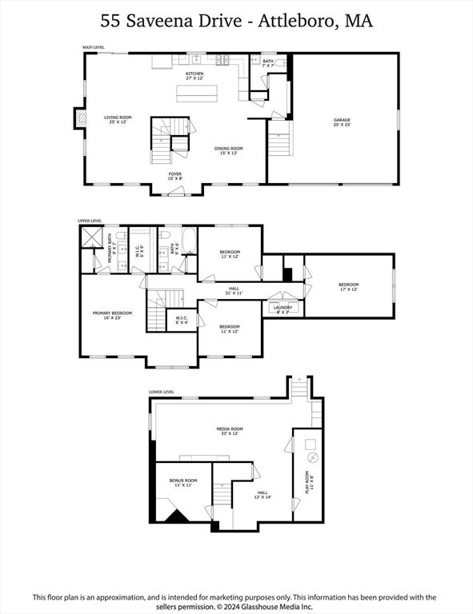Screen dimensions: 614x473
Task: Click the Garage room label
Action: pos(342,122)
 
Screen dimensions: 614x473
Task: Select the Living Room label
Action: pos(118,120)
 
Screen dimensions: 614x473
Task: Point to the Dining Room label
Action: pos(228,150)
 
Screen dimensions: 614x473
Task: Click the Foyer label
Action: pos(174,175)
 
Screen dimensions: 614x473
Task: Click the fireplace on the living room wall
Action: pos(78,119)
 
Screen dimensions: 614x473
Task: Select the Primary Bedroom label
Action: pos(112,315)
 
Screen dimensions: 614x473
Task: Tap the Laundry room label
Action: pos(283,309)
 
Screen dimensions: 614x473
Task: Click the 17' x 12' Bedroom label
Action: pos(348,286)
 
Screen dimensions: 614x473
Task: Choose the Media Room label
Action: pos(231,431)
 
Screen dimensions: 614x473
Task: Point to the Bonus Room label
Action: pos(182,483)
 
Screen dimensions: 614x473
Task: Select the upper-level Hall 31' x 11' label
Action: pos(234,292)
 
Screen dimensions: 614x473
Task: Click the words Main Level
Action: pos(94,48)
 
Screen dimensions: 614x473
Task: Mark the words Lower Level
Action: pos(161,393)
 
